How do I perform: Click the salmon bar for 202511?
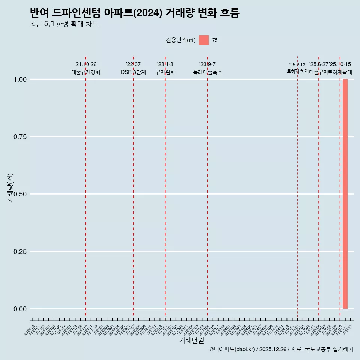pyautogui.click(x=345, y=194)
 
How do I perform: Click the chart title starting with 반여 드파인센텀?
pyautogui.click(x=134, y=13)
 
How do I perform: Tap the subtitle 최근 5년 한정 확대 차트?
pyautogui.click(x=64, y=24)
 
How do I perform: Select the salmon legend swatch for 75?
pyautogui.click(x=204, y=40)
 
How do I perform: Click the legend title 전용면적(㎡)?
pyautogui.click(x=181, y=40)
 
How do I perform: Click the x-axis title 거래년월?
pyautogui.click(x=191, y=340)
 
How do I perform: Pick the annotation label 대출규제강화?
pyautogui.click(x=86, y=72)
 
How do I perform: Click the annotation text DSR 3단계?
pyautogui.click(x=133, y=72)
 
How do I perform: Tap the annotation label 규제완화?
pyautogui.click(x=165, y=72)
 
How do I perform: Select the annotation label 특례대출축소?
pyautogui.click(x=207, y=72)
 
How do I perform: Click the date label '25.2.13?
pyautogui.click(x=297, y=64)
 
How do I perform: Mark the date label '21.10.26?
pyautogui.click(x=86, y=64)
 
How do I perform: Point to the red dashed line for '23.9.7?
pyautogui.click(x=207, y=187)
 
